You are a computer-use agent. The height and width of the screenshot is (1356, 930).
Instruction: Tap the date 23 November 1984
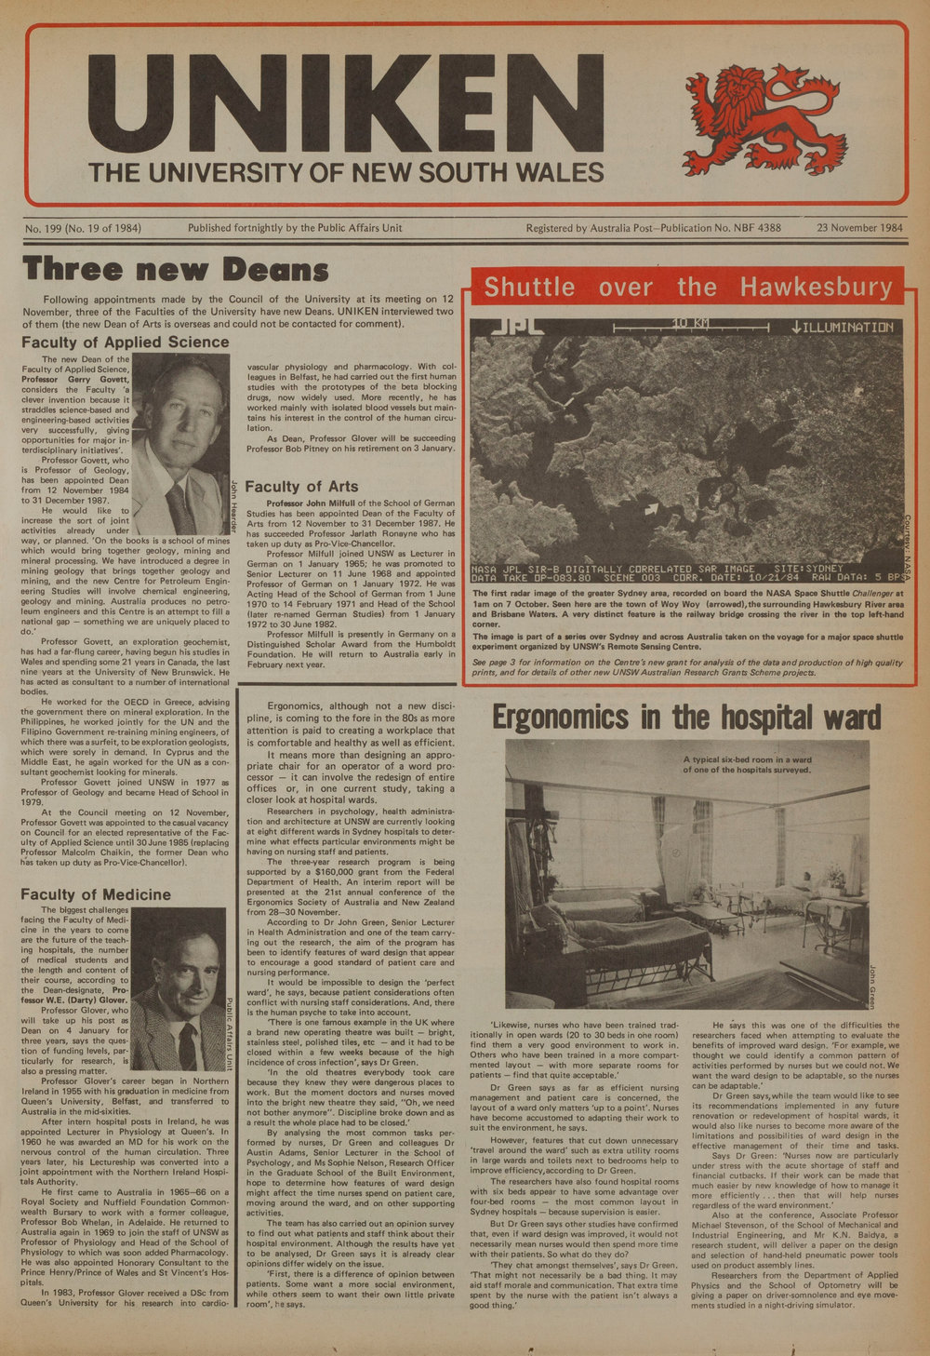859,228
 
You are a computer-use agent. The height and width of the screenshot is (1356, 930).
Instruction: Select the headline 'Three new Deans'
176,269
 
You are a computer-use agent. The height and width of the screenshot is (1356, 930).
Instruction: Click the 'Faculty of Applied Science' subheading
125,342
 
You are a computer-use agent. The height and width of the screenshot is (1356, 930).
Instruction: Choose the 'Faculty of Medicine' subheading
96,895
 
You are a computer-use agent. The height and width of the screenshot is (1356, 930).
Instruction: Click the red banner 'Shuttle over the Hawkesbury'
688,288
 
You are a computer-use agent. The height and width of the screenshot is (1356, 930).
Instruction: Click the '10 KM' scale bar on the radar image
690,326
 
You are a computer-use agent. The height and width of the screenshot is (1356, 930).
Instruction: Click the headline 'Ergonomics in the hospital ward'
685,718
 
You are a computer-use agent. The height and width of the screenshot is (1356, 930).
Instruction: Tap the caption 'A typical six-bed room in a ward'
747,764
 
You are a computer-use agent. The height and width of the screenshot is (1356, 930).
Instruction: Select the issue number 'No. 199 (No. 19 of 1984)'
83,228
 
